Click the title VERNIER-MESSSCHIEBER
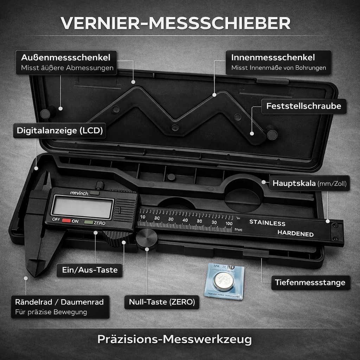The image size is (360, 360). click(x=175, y=23)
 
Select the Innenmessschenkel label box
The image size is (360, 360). click(x=278, y=62)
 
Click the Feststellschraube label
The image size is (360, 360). click(x=303, y=106)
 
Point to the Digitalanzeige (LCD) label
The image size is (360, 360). click(x=60, y=131)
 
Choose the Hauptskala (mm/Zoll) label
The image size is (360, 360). click(x=309, y=183)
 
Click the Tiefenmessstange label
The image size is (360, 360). click(x=310, y=282)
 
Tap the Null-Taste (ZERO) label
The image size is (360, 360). click(x=162, y=302)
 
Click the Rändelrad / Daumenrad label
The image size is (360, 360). click(x=60, y=307)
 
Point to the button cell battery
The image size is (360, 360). click(x=224, y=282)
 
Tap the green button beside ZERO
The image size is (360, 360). click(x=89, y=222)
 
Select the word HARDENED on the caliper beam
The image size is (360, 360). click(x=295, y=233)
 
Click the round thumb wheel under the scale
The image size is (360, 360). click(x=147, y=239)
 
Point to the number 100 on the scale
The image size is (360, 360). click(x=229, y=223)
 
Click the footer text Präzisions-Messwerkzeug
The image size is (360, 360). click(x=174, y=340)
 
